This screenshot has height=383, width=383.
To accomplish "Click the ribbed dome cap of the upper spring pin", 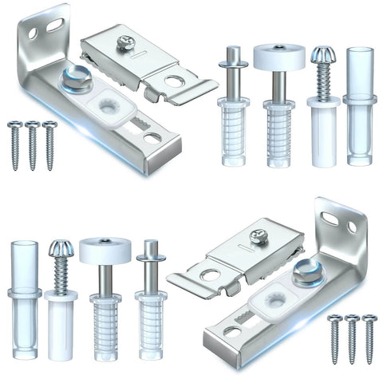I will (x=324, y=55).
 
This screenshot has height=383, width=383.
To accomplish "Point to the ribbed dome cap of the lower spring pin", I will (x=61, y=250).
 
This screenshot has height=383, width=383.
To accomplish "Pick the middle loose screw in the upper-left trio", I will (x=32, y=144).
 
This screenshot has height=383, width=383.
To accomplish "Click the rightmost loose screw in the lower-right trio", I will (x=369, y=338).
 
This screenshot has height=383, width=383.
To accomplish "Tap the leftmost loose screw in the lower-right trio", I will (x=334, y=338).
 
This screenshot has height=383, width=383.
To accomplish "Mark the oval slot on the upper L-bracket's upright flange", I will (x=54, y=26).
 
